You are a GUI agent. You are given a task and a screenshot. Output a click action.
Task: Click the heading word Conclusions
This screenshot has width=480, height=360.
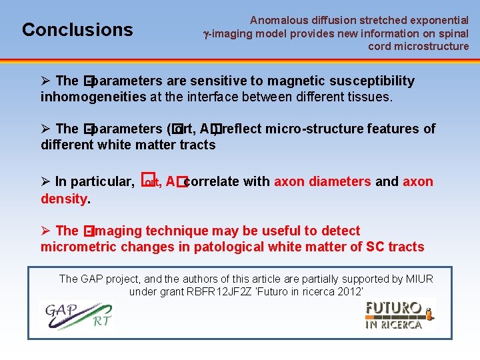(77, 30)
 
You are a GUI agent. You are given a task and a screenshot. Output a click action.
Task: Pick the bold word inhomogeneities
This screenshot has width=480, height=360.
(93, 97)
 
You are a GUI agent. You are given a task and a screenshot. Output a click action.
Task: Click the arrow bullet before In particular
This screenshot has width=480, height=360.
(46, 182)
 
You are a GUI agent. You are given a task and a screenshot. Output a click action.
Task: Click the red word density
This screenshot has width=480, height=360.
(64, 199)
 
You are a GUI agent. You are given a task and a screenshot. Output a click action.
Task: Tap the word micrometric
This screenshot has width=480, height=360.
(82, 247)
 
